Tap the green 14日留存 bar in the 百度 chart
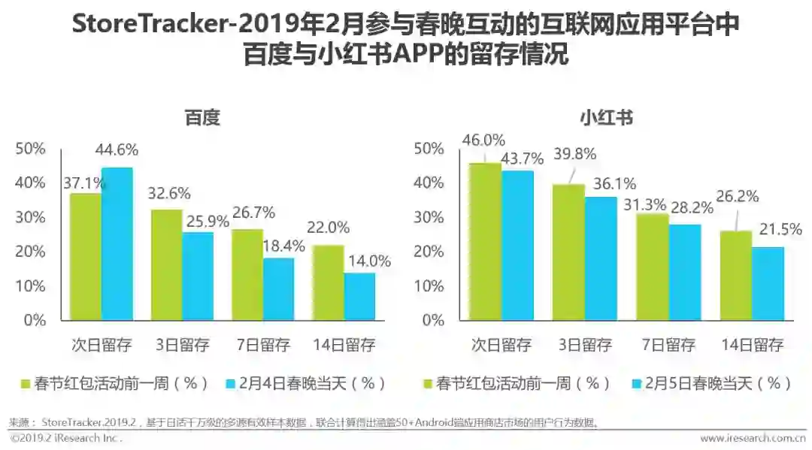(329, 282)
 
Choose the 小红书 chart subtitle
(606, 118)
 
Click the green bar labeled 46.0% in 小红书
(485, 240)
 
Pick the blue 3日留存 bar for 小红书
(601, 258)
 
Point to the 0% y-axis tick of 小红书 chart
(433, 319)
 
